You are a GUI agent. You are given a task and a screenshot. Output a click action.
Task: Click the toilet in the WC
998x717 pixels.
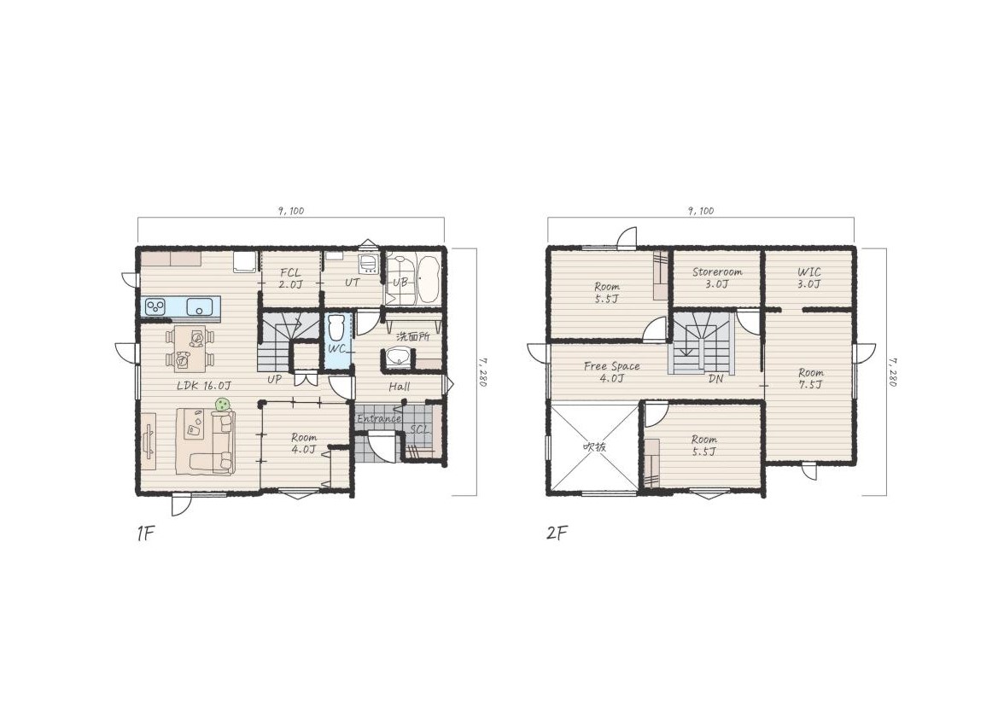(336, 328)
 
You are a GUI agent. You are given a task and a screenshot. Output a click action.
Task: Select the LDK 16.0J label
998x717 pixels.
(204, 386)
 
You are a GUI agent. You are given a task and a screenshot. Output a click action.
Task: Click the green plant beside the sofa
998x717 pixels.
(222, 405)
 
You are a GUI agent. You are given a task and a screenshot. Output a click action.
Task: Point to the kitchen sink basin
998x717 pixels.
(199, 307)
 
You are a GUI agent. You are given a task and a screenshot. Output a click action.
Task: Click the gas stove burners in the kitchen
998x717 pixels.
(155, 307)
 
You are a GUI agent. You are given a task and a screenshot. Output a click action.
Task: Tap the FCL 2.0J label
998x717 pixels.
(290, 278)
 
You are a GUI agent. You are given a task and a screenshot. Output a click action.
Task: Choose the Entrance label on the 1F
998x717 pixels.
(379, 418)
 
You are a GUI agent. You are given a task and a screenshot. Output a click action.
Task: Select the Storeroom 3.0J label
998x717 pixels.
(717, 277)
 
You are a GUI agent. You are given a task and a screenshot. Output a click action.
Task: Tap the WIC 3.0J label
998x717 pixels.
(809, 278)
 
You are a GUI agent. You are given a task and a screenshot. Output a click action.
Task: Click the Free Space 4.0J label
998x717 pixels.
(611, 372)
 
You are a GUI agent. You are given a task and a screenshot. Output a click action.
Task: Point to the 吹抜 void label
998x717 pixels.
(594, 446)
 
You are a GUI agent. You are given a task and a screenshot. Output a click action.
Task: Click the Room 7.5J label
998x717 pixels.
(811, 378)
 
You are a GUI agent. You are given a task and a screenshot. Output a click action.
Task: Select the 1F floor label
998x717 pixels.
(146, 533)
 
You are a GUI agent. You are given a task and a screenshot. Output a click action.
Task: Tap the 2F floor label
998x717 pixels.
(557, 533)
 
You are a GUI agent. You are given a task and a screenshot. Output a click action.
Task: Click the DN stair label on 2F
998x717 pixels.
(716, 378)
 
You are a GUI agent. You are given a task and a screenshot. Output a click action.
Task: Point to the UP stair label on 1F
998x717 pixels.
(274, 379)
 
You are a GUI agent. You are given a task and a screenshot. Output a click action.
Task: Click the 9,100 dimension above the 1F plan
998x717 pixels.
(291, 211)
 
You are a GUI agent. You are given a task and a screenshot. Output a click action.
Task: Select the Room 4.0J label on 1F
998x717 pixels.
(304, 444)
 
